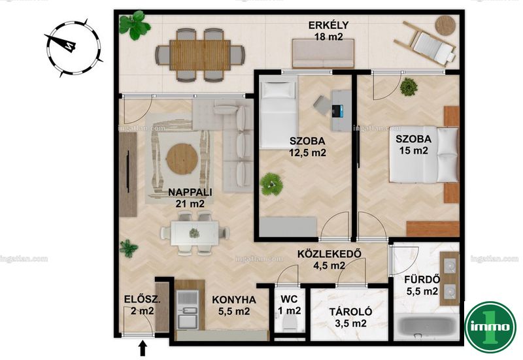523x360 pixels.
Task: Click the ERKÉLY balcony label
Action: [x=329, y=25]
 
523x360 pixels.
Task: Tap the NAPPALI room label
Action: [x=190, y=192]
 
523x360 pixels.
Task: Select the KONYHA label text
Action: [x=234, y=300]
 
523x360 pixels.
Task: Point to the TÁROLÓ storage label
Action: [x=350, y=312]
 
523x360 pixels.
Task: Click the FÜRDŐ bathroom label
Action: [x=422, y=279]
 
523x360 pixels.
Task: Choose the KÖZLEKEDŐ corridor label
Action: [x=329, y=254]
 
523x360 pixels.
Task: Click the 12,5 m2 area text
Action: [x=307, y=153]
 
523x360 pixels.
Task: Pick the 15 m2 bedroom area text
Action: [x=414, y=151]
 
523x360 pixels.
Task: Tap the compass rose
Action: [x=73, y=47]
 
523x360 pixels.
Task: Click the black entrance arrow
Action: [x=143, y=348]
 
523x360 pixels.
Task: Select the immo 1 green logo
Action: [x=490, y=327]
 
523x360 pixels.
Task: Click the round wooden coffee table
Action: [x=182, y=159]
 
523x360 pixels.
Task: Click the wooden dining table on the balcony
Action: [x=200, y=55]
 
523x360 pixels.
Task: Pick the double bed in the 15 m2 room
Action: [x=424, y=154]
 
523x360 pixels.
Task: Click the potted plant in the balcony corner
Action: [x=135, y=25]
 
